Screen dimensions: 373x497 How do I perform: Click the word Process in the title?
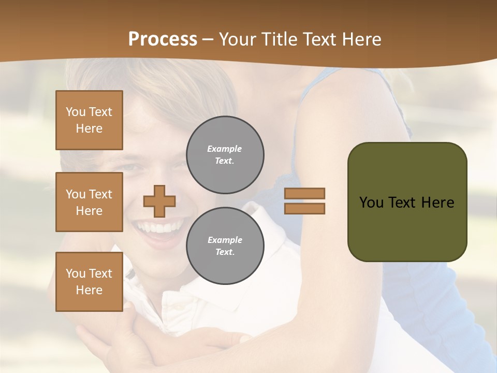[x=163, y=39]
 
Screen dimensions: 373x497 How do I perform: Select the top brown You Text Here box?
[x=89, y=120]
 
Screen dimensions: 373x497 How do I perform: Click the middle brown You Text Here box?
[x=89, y=202]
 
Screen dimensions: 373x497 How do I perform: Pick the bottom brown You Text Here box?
[x=89, y=282]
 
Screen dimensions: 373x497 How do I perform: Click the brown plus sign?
[x=159, y=201]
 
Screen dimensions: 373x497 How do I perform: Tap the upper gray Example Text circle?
[x=225, y=155]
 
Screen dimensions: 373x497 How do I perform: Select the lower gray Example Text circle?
[x=225, y=246]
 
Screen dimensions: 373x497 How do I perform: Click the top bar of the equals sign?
[x=304, y=193]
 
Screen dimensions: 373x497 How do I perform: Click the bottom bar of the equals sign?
[x=304, y=208]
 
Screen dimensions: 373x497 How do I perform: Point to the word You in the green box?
[x=372, y=203]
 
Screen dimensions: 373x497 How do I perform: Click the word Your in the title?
[x=238, y=39]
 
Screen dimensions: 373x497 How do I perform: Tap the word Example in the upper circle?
[x=224, y=149]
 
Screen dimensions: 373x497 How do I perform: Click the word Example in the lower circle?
[x=225, y=240]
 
